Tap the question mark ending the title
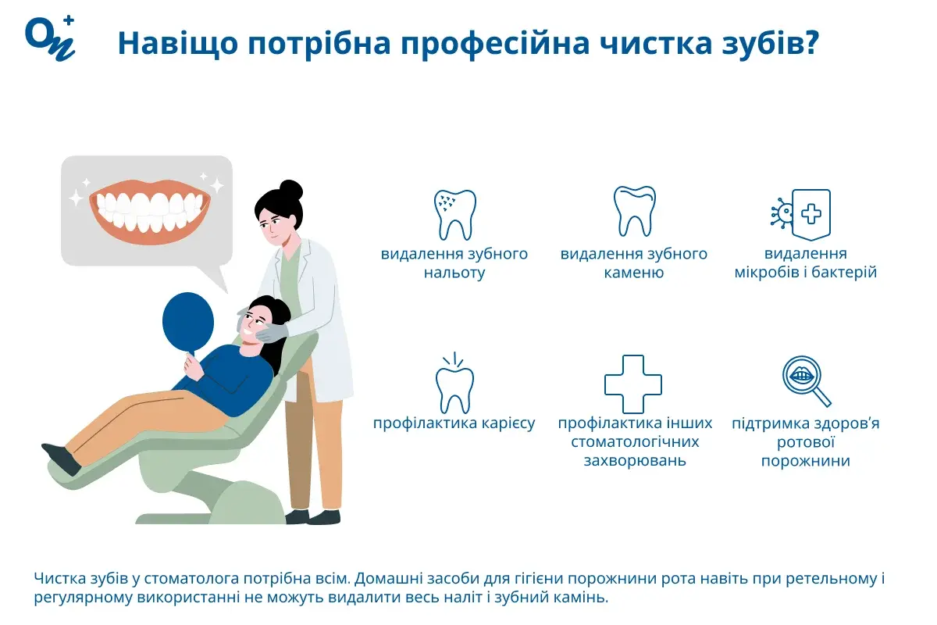tap(809, 44)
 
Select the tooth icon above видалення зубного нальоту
tap(454, 214)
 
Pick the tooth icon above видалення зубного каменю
tap(633, 211)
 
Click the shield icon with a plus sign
tap(811, 213)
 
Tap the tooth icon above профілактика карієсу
tap(454, 387)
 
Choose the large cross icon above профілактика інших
tap(633, 384)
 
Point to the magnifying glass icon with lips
tap(805, 380)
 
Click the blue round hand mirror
tap(188, 321)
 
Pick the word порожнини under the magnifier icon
tap(805, 462)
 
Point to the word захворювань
tap(635, 460)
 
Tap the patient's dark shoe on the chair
tap(62, 459)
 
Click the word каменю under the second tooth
tap(633, 273)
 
